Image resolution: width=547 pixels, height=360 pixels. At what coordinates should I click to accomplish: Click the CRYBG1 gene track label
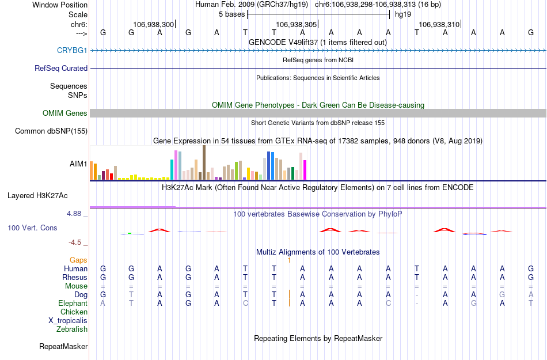point(72,50)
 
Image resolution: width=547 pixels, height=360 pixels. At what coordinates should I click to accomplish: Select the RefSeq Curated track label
point(61,68)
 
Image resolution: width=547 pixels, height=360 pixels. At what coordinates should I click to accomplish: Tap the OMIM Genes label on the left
point(65,113)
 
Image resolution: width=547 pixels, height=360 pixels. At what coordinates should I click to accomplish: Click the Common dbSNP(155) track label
point(51,131)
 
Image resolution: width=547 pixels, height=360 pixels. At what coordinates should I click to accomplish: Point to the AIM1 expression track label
point(78,164)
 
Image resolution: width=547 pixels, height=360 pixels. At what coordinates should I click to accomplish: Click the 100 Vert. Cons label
point(32,228)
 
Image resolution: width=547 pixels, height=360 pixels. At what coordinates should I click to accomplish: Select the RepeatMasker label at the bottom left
point(63,347)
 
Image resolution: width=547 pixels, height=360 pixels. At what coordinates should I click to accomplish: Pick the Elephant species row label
point(73,304)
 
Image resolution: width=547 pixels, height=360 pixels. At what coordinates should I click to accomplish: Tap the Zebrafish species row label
point(72,329)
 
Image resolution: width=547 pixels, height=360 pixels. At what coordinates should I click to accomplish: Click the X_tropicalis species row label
point(68,321)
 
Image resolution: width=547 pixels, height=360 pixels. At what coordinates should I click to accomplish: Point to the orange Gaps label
point(79,260)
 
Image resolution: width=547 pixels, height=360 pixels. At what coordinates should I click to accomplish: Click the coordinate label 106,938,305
point(297,25)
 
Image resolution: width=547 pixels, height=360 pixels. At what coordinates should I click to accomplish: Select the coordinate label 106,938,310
point(439,25)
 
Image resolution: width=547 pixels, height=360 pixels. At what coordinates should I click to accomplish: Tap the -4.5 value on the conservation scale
point(75,242)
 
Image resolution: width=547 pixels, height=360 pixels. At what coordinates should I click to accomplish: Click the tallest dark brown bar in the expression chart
point(204,162)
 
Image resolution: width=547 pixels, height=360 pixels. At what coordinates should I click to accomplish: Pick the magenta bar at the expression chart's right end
point(305,169)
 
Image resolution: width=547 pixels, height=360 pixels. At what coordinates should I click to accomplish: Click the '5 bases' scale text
point(232,14)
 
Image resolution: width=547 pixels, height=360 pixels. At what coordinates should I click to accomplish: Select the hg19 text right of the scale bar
point(403,14)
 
